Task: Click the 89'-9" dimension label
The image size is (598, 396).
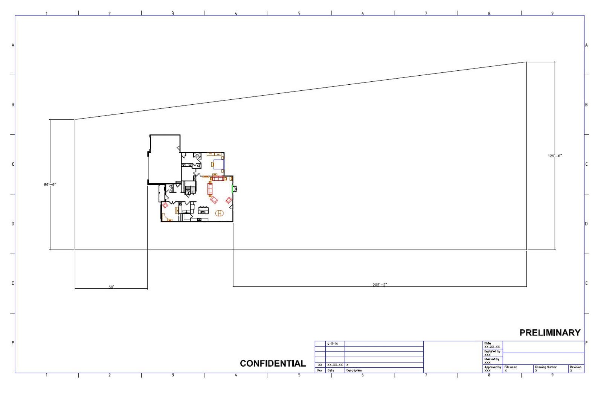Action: point(50,184)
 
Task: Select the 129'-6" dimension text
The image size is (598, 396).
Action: point(555,156)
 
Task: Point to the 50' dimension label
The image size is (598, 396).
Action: point(111,287)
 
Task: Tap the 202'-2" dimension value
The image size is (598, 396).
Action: point(380,285)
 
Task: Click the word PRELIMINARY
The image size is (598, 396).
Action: point(550,332)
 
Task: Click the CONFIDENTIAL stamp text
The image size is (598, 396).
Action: point(273,363)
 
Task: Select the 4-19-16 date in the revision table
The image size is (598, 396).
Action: point(333,344)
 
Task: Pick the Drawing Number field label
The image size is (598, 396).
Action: point(546,367)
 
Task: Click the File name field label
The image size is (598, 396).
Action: point(511,367)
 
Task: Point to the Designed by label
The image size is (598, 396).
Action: point(492,351)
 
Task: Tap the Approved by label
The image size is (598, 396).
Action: point(493,367)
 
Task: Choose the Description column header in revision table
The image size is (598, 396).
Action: point(354,370)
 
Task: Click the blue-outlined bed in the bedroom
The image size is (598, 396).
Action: point(219,165)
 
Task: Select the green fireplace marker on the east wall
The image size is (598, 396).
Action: point(232,188)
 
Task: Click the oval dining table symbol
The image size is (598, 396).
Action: point(220,213)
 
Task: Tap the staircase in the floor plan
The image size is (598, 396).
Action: point(190,187)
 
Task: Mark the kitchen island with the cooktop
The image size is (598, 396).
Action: point(203,210)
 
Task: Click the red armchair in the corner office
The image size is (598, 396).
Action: point(165,206)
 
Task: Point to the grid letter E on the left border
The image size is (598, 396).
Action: point(13,283)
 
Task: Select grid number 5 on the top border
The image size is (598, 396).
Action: point(299,14)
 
